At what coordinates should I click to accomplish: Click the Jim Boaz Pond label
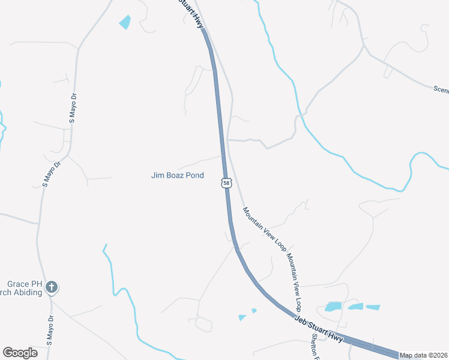[x=177, y=176]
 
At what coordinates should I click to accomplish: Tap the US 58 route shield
[x=225, y=182]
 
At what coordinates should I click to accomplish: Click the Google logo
[x=20, y=353]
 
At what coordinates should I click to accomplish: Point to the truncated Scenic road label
[x=441, y=89]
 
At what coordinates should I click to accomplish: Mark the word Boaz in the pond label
[x=178, y=176]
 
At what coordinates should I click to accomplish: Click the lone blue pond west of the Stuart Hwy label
[x=125, y=23]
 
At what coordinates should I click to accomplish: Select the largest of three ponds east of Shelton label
[x=333, y=307]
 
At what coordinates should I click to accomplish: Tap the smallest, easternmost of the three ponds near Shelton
[x=373, y=307]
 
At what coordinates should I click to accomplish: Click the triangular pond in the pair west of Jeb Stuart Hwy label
[x=242, y=317]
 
